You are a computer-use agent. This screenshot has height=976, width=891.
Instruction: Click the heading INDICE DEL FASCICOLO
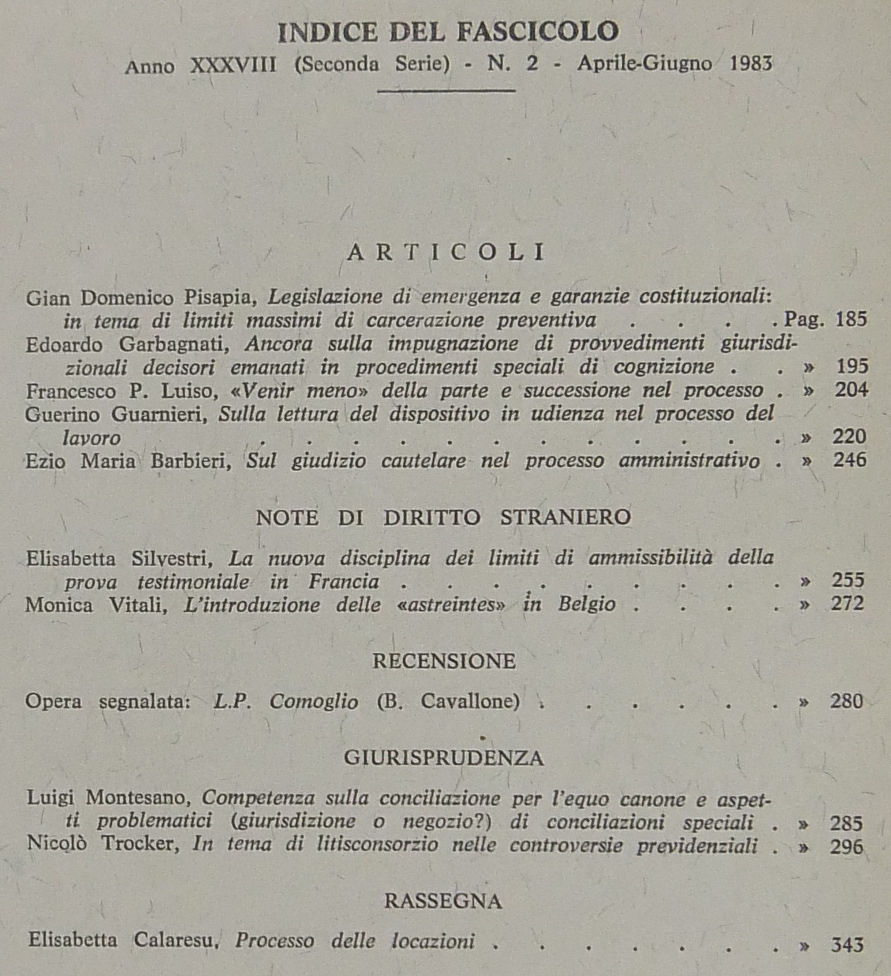click(x=448, y=32)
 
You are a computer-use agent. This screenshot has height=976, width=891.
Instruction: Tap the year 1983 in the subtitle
click(x=752, y=64)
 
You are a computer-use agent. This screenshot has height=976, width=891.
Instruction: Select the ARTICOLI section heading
click(x=446, y=253)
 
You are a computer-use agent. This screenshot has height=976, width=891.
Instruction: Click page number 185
click(x=851, y=320)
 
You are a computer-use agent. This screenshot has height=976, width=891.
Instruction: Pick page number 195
click(x=852, y=366)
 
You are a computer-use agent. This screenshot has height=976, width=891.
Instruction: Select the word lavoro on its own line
click(x=92, y=438)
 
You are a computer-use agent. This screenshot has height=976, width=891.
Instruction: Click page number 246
click(x=850, y=461)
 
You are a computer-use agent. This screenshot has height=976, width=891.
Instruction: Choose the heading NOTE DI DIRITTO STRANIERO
click(x=443, y=518)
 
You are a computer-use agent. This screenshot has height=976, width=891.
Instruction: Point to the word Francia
click(x=344, y=582)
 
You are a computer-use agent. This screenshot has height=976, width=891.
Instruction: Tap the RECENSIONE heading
click(x=444, y=661)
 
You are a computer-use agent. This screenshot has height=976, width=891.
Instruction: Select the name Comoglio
click(x=313, y=701)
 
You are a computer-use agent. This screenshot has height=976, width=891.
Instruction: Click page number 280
click(x=847, y=701)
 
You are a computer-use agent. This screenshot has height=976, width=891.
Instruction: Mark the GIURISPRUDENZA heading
click(x=444, y=758)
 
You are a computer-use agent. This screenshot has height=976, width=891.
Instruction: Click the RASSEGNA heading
click(x=443, y=901)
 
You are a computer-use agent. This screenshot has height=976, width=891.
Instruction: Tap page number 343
click(x=847, y=944)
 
